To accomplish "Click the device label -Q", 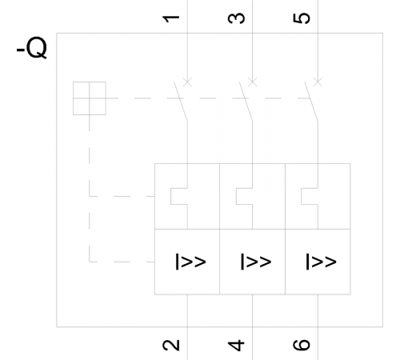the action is [32, 48].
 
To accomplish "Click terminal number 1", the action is [171, 18].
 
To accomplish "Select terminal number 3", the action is [236, 18].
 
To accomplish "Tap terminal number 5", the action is [302, 18].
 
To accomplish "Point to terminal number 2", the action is [171, 345].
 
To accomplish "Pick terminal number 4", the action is [236, 345].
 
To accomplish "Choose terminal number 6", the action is [302, 345].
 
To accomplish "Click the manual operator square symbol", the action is [90, 98].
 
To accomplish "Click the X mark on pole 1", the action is [187, 82].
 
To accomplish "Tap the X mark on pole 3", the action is [253, 82].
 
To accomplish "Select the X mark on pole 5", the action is [318, 82].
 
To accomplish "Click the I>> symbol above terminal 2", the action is [190, 262].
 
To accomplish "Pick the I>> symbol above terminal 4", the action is [256, 262].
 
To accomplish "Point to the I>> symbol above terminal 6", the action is [321, 262].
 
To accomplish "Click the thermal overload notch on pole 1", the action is [171, 196].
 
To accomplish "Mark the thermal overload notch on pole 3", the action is [236, 196].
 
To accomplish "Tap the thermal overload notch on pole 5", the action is [302, 196].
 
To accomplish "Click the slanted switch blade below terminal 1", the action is [181, 102].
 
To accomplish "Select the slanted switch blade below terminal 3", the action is [246, 102].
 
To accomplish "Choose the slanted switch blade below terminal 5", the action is [311, 102].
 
